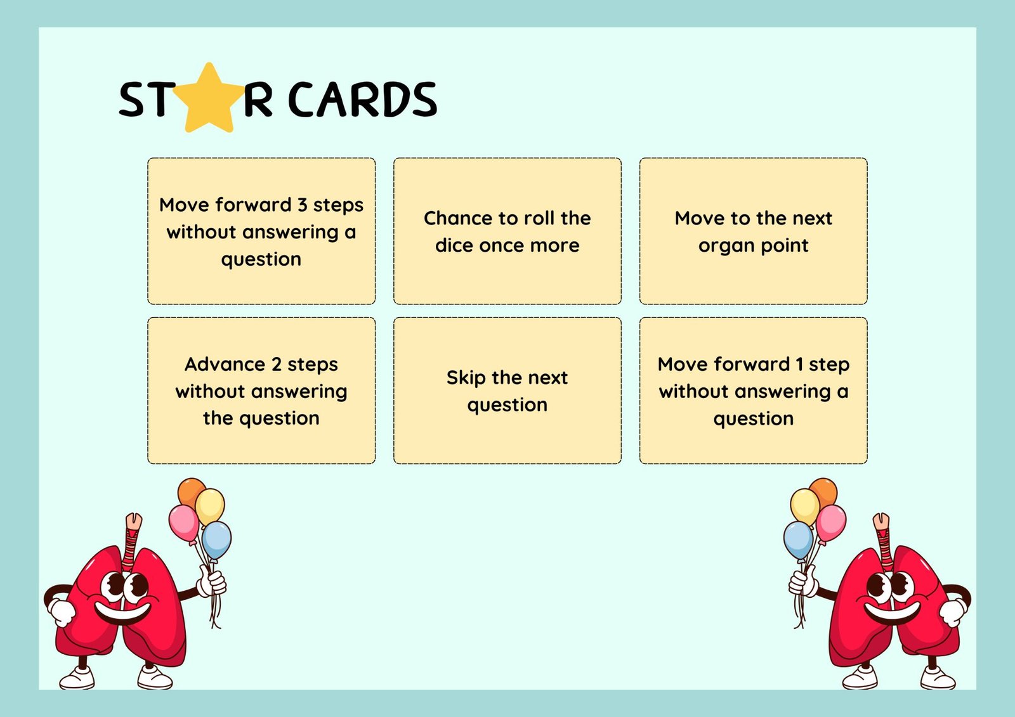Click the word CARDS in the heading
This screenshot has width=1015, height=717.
click(362, 100)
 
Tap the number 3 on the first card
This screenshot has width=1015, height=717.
click(302, 205)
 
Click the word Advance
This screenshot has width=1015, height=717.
click(225, 364)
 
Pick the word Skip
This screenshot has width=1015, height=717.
click(466, 378)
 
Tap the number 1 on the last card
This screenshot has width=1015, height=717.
click(799, 364)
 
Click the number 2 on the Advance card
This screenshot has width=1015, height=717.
click(277, 365)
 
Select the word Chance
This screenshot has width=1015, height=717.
click(457, 218)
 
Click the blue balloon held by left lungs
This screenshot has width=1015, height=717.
click(216, 541)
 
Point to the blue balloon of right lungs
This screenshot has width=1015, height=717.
click(798, 541)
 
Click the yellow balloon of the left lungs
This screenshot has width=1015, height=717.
click(210, 507)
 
